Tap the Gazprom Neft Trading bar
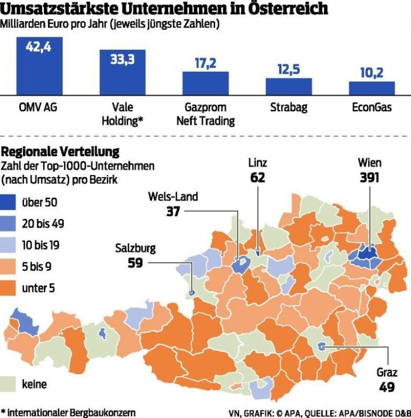coord(205,83)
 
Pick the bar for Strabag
coord(288,86)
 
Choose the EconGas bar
coord(372,88)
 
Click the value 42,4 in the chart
coord(40,47)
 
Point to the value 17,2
coord(205,64)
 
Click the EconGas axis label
coord(372,108)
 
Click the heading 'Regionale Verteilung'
coord(60,151)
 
